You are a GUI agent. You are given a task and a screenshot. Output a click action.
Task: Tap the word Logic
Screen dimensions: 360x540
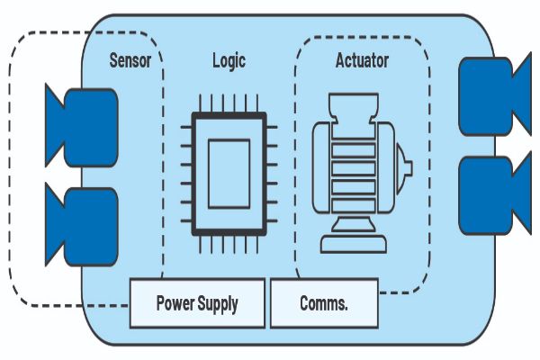(x=228, y=61)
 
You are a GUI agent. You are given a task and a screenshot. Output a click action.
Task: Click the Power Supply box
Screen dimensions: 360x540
(x=197, y=303)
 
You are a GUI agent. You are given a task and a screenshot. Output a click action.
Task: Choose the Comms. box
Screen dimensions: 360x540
(x=324, y=303)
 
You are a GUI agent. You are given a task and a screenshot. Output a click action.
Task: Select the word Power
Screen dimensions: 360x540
(x=175, y=303)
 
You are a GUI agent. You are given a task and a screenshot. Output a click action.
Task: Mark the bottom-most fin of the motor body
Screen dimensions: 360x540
(x=354, y=203)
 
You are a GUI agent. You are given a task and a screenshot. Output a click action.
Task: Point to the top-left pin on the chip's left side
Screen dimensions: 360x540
(x=186, y=127)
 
